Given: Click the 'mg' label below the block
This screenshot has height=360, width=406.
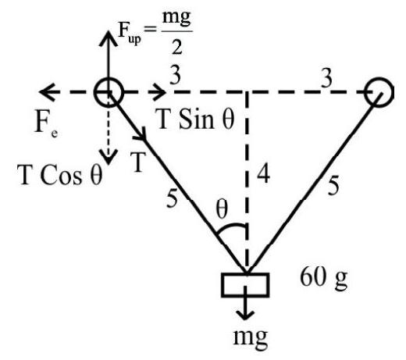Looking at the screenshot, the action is pos(251,337).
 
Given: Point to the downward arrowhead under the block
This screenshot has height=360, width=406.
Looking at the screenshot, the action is pos(245,315).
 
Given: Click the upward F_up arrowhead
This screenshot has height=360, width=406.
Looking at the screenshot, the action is pos(108,37).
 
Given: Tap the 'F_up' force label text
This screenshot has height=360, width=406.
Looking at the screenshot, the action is pos(130,33).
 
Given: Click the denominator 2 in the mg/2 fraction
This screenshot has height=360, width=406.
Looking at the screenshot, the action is pos(176,47).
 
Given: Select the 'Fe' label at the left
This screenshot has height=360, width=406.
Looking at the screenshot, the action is pos(46,124).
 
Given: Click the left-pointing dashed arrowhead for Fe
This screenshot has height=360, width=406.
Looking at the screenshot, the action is pos(48,92).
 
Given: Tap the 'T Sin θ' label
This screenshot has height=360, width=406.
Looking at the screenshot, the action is pos(194,119).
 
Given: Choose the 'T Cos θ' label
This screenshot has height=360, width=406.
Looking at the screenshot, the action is pos(59,175).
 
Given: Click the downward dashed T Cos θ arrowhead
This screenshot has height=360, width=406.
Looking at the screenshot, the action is pos(108,158).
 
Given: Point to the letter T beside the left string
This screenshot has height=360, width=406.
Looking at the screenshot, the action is pos(137,162).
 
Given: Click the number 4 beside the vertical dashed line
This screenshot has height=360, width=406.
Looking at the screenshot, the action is pos(263,174).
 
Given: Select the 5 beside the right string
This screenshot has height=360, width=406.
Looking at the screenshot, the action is pos(333,186).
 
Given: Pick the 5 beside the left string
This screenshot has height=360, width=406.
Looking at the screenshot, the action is pos(172,198).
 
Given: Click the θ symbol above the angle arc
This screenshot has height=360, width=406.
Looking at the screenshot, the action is pos(222,209).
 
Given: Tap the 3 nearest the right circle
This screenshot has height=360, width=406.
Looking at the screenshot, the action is pos(326,78).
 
